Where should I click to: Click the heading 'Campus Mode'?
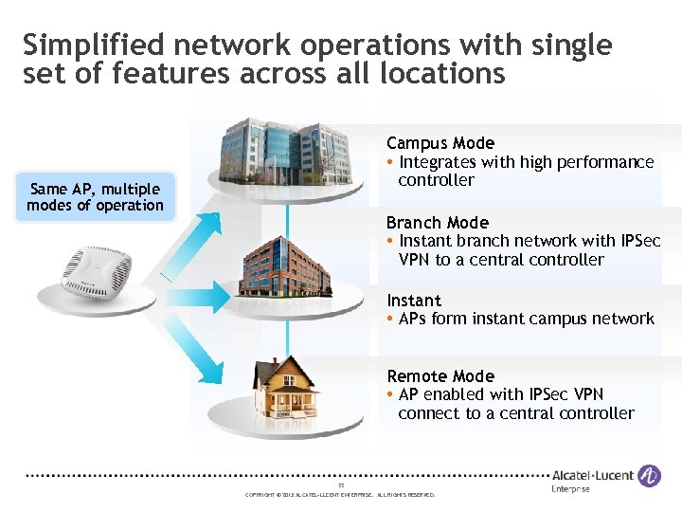click(x=440, y=143)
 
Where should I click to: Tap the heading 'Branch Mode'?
click(x=437, y=223)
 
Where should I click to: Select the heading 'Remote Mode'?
click(x=440, y=376)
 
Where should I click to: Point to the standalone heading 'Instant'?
click(x=414, y=301)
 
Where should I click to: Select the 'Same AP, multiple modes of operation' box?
click(x=96, y=197)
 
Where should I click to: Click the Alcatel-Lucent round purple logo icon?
click(x=649, y=476)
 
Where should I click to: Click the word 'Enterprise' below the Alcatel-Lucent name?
click(x=570, y=489)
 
